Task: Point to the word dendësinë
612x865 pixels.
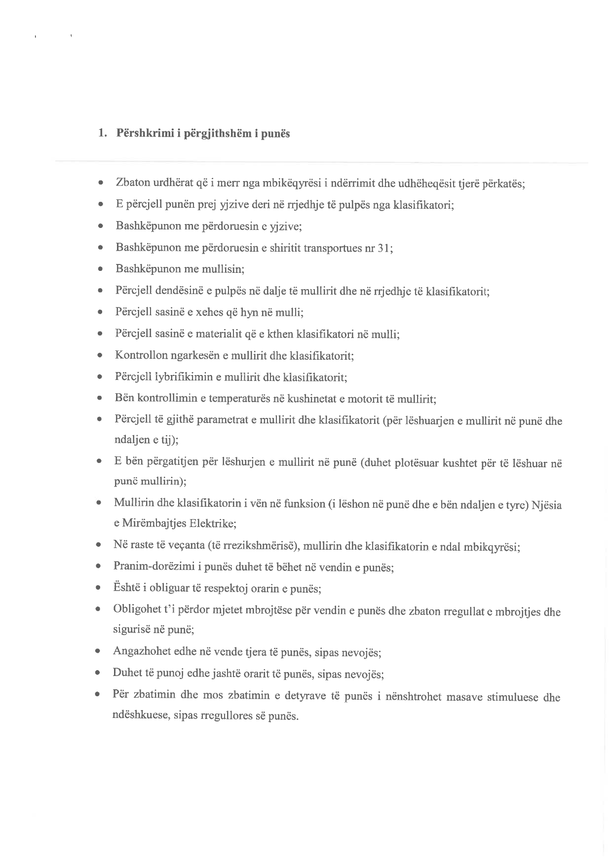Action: click(x=176, y=291)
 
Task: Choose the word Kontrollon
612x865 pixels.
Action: click(x=140, y=355)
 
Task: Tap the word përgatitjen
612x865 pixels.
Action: click(x=164, y=462)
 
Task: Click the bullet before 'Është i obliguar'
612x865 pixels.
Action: click(x=99, y=588)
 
